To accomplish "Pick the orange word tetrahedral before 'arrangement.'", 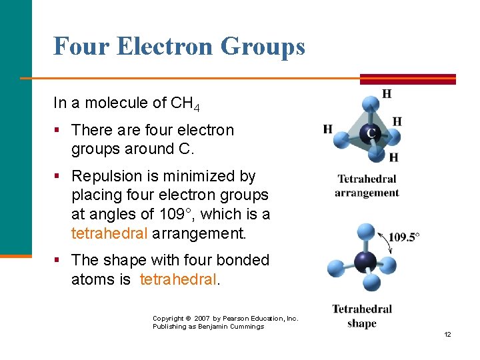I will tap(109, 234).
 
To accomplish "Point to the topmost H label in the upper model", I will tap(387, 94).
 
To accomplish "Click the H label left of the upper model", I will tap(328, 129).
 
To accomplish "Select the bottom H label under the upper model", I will tap(393, 158).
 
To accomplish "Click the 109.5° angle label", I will tap(404, 237).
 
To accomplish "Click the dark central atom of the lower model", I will tap(365, 261).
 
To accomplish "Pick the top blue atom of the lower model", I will tap(366, 231).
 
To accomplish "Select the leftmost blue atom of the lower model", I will tap(335, 269).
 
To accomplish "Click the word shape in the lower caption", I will tap(362, 324).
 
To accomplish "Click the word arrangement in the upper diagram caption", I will tap(367, 193).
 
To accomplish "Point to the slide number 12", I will tap(447, 334).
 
